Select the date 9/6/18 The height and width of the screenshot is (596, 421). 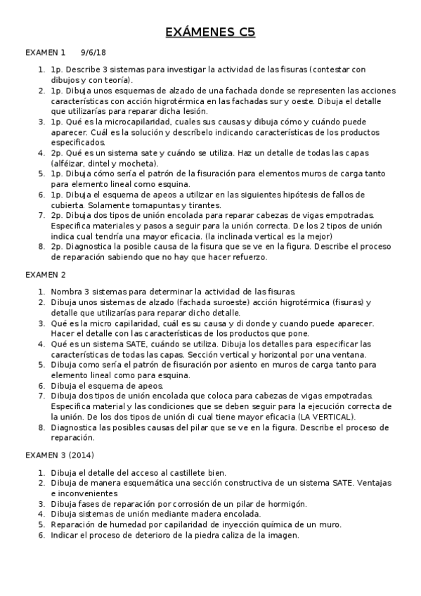[93, 53]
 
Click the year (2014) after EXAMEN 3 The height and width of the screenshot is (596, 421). [81, 455]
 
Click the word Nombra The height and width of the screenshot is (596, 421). [67, 291]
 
